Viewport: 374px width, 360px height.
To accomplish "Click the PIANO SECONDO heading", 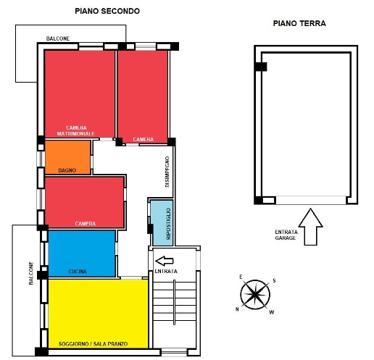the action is (107, 11).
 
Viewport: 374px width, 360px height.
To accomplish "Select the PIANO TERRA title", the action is (299, 23).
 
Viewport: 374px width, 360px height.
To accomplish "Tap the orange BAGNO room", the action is (67, 157).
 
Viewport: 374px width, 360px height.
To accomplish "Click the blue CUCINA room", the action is (82, 254).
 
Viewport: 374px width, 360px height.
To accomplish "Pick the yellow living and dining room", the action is (99, 314).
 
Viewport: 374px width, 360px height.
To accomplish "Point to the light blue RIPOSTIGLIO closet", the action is (162, 223).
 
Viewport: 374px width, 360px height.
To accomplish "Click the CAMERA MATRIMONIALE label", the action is (76, 130).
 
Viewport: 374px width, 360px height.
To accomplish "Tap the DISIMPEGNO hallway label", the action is (167, 172).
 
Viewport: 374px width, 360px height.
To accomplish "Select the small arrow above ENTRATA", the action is (165, 261).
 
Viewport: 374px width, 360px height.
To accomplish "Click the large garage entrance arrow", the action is (310, 227).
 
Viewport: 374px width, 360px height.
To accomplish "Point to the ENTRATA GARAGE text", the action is (286, 235).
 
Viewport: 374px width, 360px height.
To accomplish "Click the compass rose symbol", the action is (255, 295).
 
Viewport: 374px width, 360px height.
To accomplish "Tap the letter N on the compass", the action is (237, 309).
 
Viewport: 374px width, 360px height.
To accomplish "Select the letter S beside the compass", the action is (274, 280).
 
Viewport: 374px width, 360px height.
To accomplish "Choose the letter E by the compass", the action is (241, 277).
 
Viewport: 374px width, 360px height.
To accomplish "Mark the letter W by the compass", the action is (272, 312).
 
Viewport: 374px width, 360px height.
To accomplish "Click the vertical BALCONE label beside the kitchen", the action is (31, 273).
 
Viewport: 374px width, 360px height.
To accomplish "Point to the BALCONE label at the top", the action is (58, 38).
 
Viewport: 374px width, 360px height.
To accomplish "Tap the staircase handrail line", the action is (174, 302).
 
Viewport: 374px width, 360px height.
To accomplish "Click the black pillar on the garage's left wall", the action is (261, 67).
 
